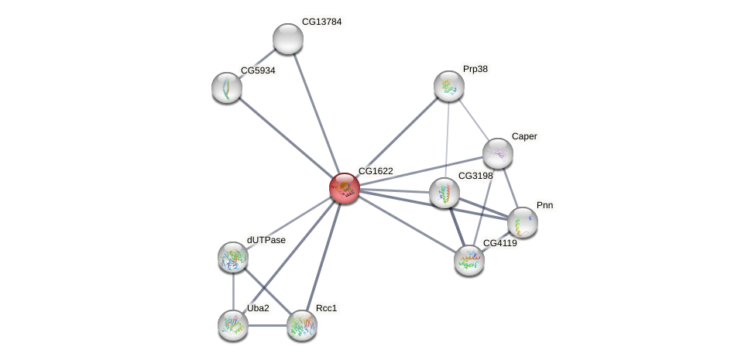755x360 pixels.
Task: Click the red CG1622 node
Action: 345,187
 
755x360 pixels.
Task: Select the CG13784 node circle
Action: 288,39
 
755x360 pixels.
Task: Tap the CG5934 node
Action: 227,87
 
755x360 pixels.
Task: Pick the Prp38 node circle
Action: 449,86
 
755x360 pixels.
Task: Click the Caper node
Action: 497,153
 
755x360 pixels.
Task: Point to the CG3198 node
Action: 444,193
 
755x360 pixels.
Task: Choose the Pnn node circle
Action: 523,222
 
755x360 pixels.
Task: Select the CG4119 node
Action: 468,259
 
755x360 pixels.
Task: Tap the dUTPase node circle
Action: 233,257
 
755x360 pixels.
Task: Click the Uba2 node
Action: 233,325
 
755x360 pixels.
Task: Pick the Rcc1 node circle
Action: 302,325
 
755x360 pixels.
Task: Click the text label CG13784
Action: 321,22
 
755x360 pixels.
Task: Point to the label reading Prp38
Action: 475,69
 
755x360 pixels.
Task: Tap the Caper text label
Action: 524,136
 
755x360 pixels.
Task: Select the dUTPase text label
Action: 266,240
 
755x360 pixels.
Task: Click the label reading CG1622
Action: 375,170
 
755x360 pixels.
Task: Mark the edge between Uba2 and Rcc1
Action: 267,325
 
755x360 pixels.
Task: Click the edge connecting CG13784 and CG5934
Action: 258,63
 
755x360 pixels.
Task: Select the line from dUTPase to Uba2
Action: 233,291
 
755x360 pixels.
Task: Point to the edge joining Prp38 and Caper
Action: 473,119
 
